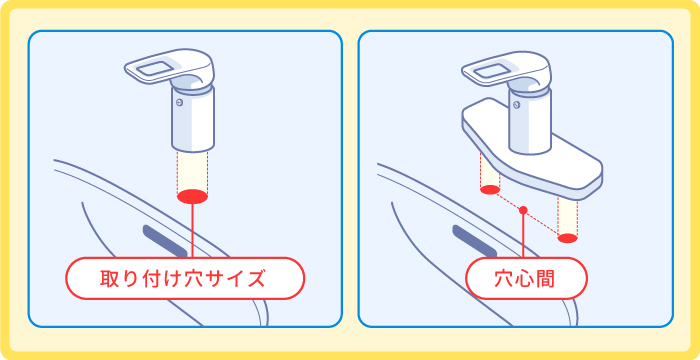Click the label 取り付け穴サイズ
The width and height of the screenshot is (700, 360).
184,278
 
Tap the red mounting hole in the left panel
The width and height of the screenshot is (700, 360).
192,196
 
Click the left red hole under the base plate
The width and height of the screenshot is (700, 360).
489,188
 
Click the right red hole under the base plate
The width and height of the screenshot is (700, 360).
567,238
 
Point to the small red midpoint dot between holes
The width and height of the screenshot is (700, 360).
523,211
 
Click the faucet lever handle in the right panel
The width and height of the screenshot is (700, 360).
497,72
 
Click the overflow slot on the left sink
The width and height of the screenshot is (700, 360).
167,241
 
